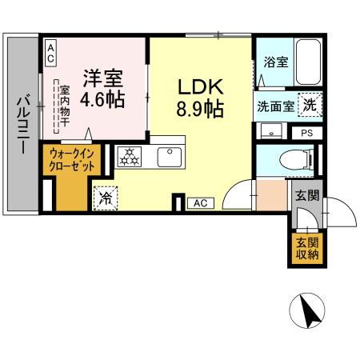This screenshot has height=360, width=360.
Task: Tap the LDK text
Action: (199, 86)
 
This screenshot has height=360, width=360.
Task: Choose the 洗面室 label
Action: (274, 106)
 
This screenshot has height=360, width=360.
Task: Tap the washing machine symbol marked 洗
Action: (308, 104)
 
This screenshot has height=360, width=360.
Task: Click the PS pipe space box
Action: (308, 134)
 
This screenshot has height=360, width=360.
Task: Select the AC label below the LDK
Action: (200, 204)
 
